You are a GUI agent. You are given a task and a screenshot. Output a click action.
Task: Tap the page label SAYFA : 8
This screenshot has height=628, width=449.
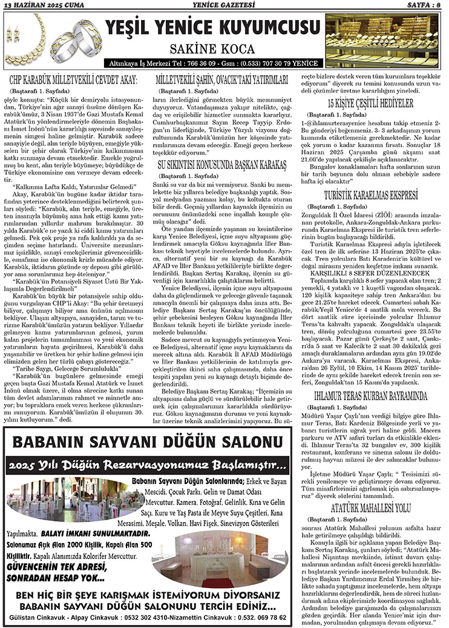click(423, 5)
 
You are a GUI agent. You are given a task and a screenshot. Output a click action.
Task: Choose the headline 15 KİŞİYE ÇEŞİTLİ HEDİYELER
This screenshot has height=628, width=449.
click(370, 102)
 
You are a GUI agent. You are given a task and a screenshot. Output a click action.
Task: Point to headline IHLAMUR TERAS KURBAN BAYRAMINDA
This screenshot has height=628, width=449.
click(370, 397)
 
